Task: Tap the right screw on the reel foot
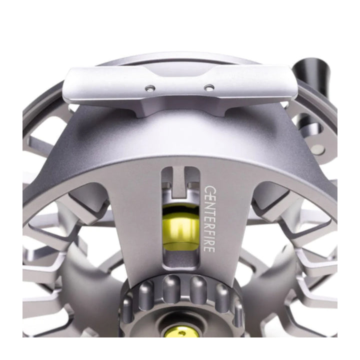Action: pyautogui.click(x=209, y=87)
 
